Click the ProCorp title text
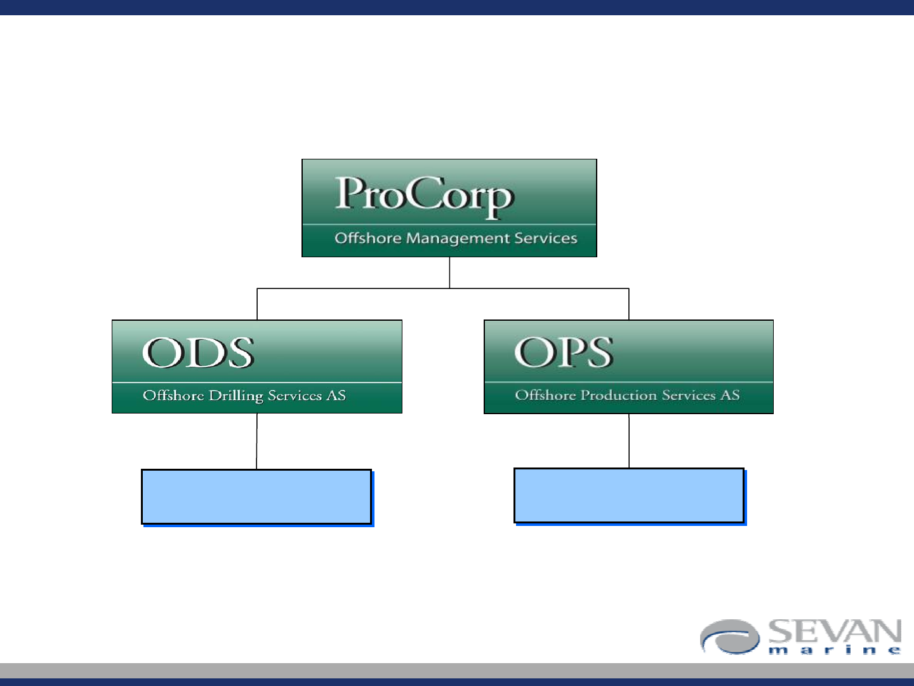point(425,197)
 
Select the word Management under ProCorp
point(458,239)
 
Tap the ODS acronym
point(198,353)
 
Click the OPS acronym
point(564,353)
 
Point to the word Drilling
point(235,396)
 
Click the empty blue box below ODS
point(256,497)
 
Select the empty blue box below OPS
point(629,495)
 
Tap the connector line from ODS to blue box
point(256,441)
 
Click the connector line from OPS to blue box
point(629,441)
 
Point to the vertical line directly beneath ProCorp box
point(450,272)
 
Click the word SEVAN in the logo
point(835,631)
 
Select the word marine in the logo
point(835,650)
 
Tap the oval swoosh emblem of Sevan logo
point(730,637)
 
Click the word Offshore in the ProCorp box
point(368,238)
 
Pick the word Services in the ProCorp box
point(545,238)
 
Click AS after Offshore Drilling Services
point(336,395)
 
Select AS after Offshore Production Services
point(731,395)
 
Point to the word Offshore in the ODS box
point(173,395)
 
